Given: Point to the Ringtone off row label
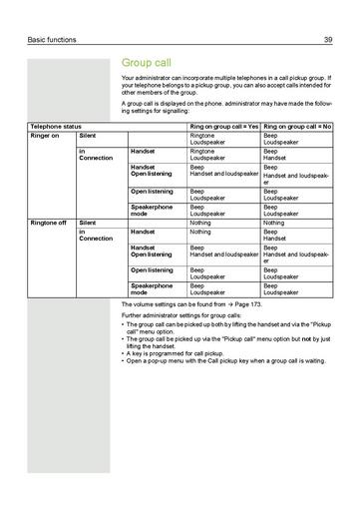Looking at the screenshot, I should [x=49, y=223].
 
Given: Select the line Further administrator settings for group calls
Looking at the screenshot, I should [x=182, y=315].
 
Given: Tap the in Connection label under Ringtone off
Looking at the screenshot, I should [x=96, y=235].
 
